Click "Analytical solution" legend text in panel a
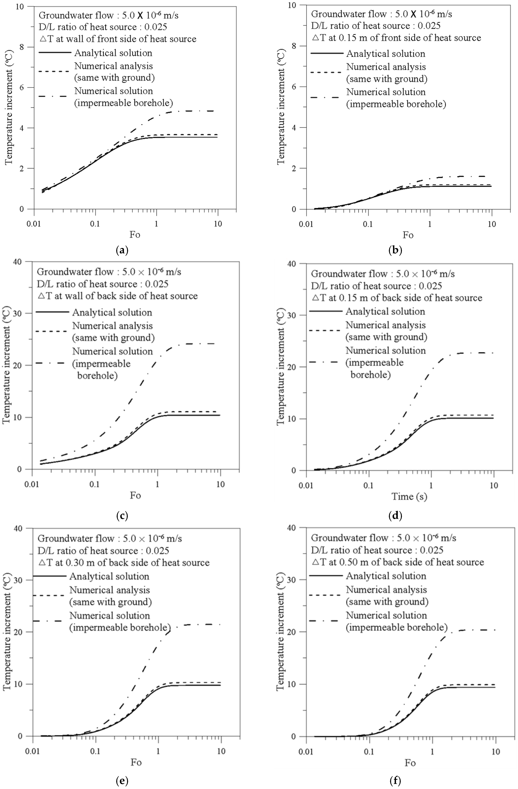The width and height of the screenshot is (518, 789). (x=113, y=53)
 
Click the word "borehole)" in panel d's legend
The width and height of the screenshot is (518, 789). (x=370, y=375)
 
